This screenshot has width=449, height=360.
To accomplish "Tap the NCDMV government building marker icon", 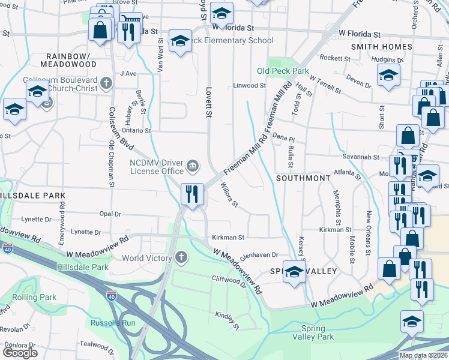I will pos(193,165).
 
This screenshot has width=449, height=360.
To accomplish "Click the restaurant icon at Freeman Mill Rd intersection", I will pos(193,194).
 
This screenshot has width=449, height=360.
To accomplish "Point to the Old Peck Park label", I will pos(283,71).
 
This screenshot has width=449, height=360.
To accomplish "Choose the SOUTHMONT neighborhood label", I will pos(303,178).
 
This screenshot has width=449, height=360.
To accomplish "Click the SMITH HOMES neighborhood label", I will pos(381,46).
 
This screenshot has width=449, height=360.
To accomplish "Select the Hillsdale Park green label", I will pos(82,267).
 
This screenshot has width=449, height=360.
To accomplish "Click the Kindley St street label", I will pos(228,321).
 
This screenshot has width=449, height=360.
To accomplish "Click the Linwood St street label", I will pos(249,86).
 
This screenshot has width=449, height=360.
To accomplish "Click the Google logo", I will pos(20,353).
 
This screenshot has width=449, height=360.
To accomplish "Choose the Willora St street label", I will pos(229,195).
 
